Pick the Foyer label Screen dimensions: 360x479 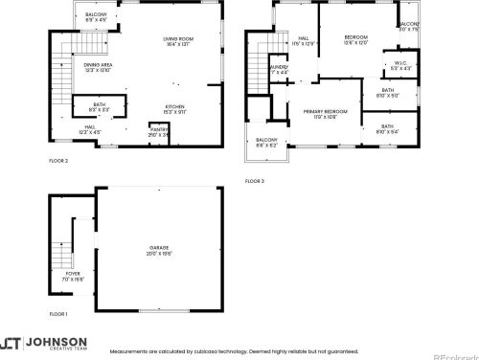(x=74, y=274)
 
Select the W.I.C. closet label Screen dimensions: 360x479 (x=399, y=66)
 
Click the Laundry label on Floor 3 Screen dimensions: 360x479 (x=279, y=70)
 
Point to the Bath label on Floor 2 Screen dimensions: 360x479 (x=100, y=106)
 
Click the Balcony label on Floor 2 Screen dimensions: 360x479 (x=96, y=16)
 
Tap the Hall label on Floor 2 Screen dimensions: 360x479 (x=89, y=129)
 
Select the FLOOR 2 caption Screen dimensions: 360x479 (x=59, y=162)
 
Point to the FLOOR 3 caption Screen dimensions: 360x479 (x=255, y=181)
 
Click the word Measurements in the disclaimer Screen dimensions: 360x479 (x=128, y=352)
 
